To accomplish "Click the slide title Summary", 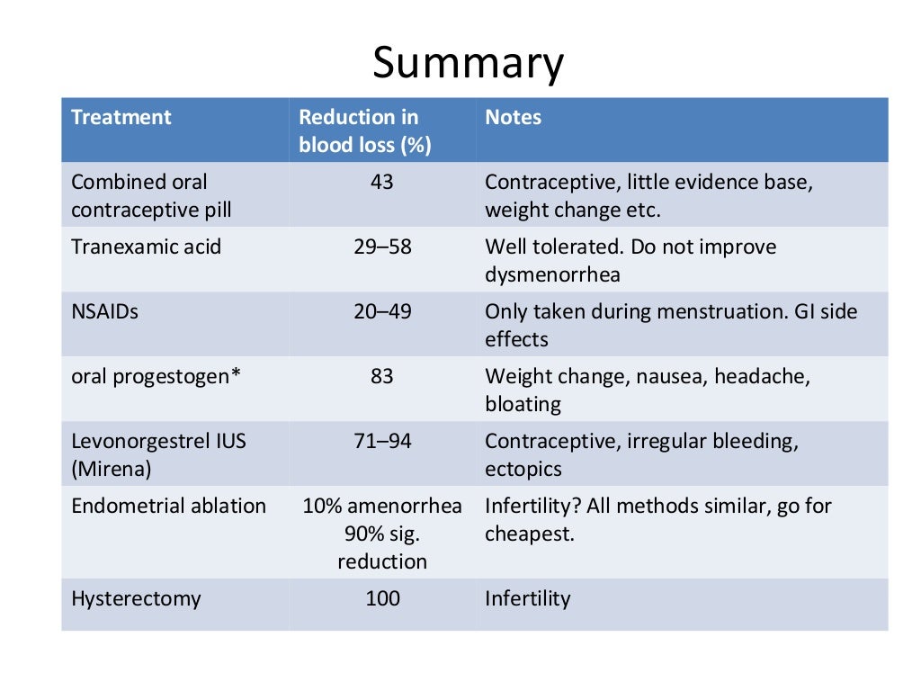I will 468,64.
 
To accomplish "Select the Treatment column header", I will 121,117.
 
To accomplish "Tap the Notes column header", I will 513,117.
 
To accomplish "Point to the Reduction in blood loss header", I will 364,131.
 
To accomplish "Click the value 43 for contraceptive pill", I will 382,182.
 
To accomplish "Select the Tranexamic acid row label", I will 146,247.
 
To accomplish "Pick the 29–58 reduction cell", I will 382,247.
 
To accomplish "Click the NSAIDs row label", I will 105,311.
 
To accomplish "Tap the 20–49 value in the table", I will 382,311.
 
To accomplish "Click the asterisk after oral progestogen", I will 237,374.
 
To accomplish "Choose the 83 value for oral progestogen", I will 382,376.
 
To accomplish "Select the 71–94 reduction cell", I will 382,441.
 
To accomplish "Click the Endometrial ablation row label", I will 168,506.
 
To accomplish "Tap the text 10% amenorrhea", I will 382,506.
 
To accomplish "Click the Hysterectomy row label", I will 136,598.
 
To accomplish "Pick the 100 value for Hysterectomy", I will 382,598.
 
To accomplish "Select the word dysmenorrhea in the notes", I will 552,274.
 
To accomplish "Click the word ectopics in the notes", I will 523,469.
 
